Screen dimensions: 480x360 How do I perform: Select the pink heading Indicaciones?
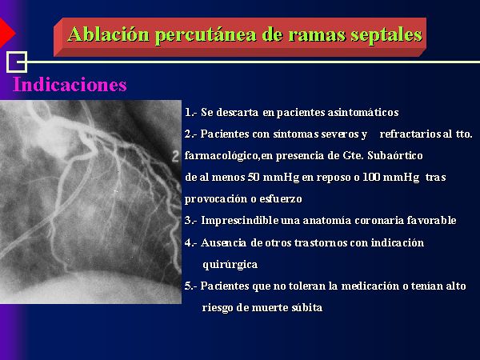tap(70, 85)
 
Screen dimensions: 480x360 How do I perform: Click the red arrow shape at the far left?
tap(6, 33)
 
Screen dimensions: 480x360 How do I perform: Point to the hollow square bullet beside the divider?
tap(17, 62)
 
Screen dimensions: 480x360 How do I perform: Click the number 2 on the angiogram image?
tap(175, 157)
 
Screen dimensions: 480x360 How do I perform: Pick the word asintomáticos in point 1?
tap(363, 112)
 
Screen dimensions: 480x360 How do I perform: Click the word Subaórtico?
tap(395, 156)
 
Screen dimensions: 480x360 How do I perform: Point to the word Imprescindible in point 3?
tap(240, 221)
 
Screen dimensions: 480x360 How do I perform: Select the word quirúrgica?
tap(230, 265)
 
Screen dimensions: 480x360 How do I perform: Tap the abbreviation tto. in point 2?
tap(464, 134)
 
